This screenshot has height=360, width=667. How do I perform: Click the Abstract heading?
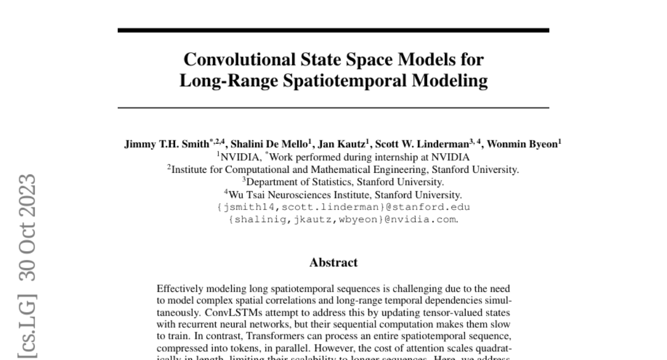[x=333, y=262]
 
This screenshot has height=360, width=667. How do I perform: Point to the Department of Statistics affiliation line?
[x=342, y=182]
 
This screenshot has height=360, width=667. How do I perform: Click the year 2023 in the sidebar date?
[x=28, y=196]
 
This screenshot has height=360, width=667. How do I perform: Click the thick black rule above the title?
[x=333, y=30]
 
